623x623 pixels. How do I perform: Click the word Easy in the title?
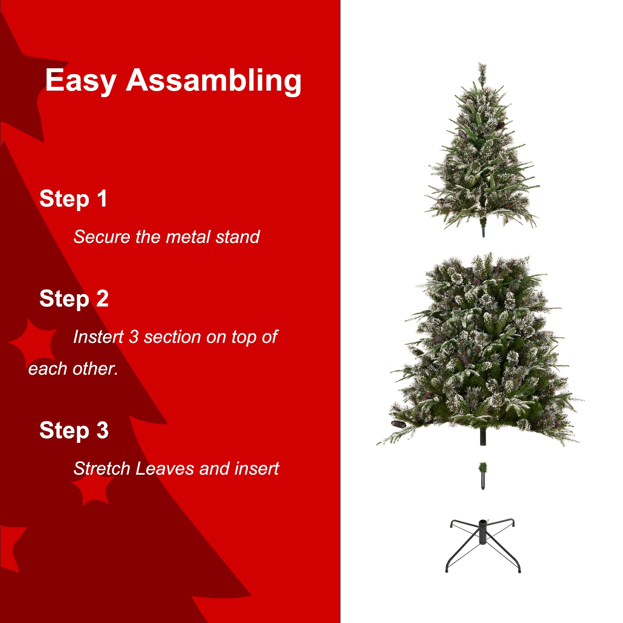pos(81,81)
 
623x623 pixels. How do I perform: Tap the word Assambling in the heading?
pos(213,81)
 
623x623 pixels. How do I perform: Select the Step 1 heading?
pos(73,199)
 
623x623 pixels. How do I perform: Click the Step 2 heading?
pos(74,299)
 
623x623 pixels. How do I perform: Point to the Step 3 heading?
pos(74,430)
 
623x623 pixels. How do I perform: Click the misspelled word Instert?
pos(98,337)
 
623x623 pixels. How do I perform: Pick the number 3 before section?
pos(134,337)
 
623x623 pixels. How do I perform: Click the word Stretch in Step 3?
pos(102,468)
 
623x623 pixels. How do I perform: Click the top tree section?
pos(482,161)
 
